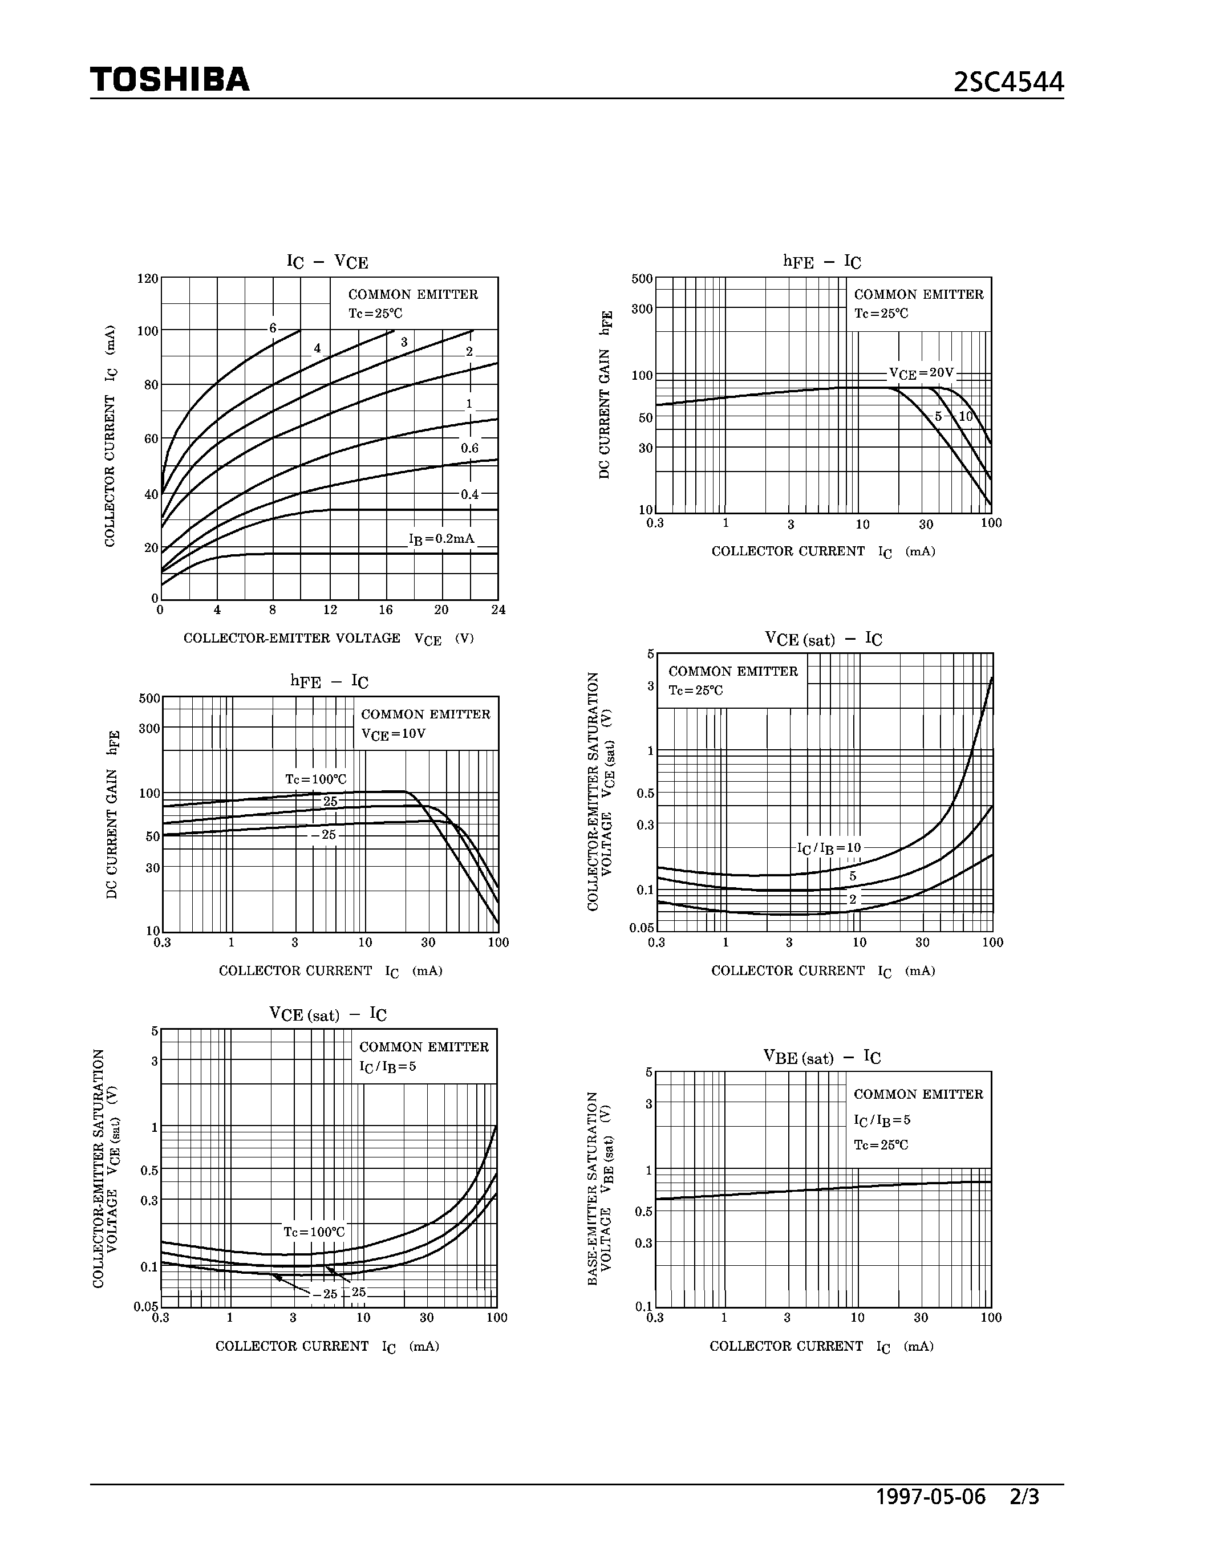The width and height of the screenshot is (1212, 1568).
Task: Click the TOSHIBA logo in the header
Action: tap(169, 80)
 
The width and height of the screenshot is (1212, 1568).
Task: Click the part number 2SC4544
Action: tap(1008, 83)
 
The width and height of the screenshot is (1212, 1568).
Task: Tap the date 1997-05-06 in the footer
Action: tap(931, 1497)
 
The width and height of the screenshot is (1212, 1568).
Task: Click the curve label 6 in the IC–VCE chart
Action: tap(273, 328)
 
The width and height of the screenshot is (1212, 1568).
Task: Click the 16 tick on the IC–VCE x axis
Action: tap(386, 610)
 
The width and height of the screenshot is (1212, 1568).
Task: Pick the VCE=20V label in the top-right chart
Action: tap(921, 373)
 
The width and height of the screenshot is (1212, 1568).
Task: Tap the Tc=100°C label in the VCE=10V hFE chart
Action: tap(316, 779)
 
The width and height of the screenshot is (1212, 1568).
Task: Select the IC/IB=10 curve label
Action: tap(829, 848)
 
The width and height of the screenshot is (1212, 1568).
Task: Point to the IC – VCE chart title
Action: tap(327, 262)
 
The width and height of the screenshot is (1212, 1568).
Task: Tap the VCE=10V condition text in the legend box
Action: tap(394, 734)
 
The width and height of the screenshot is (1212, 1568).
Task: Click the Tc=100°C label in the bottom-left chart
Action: tap(314, 1232)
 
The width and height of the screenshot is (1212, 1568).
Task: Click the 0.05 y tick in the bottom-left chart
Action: tap(146, 1307)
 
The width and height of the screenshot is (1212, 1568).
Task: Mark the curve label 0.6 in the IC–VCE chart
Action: tap(469, 448)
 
